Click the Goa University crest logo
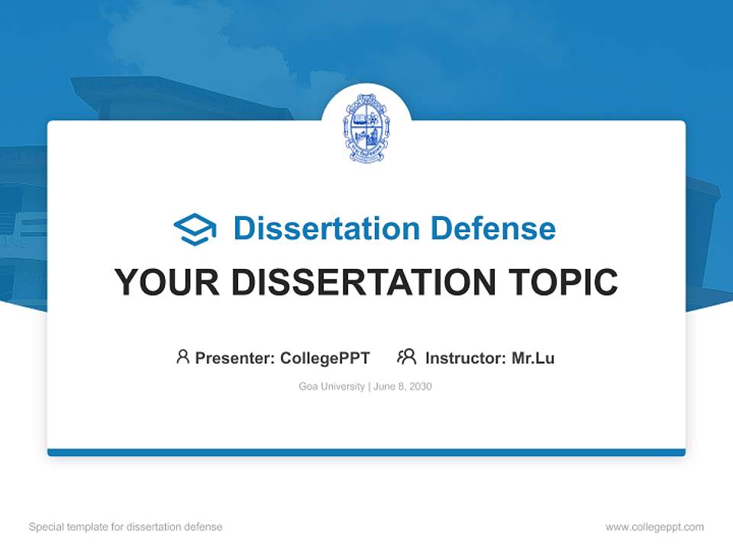[366, 128]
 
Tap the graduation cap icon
[195, 229]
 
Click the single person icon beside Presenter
[182, 357]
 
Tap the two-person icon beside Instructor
[406, 357]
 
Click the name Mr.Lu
[533, 357]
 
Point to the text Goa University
[331, 387]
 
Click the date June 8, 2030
[402, 387]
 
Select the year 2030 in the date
[420, 387]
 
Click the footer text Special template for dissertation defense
[125, 527]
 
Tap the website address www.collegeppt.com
[654, 527]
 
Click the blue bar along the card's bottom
[366, 452]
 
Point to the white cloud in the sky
[153, 34]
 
